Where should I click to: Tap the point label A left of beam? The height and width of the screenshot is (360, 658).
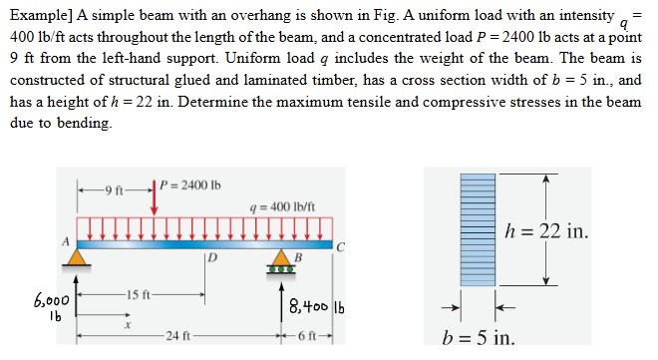[x=67, y=242]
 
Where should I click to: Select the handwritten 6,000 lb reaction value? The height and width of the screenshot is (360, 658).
[x=52, y=304]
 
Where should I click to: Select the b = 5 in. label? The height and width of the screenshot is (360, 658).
[x=482, y=338]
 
